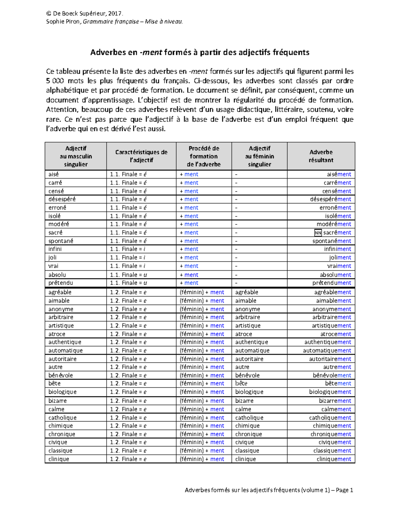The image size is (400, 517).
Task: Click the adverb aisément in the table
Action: [339, 174]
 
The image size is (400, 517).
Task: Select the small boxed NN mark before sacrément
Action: [318, 233]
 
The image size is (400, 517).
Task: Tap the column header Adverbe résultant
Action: [321, 156]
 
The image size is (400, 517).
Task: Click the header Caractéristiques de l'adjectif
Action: [141, 156]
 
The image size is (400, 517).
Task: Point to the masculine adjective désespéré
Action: [62, 199]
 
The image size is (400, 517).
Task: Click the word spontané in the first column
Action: [61, 241]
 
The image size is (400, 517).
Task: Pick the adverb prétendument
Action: [332, 283]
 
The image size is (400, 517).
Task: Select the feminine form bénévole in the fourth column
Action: [247, 375]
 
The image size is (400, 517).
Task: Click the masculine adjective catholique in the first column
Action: [62, 417]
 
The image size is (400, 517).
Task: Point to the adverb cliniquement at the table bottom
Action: [334, 459]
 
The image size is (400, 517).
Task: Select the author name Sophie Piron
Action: [63, 22]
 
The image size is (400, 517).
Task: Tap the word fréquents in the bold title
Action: [291, 52]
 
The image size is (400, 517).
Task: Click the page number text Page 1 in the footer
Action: [344, 490]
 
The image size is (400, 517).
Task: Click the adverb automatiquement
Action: [327, 351]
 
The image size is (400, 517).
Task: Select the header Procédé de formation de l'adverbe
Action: [204, 156]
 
